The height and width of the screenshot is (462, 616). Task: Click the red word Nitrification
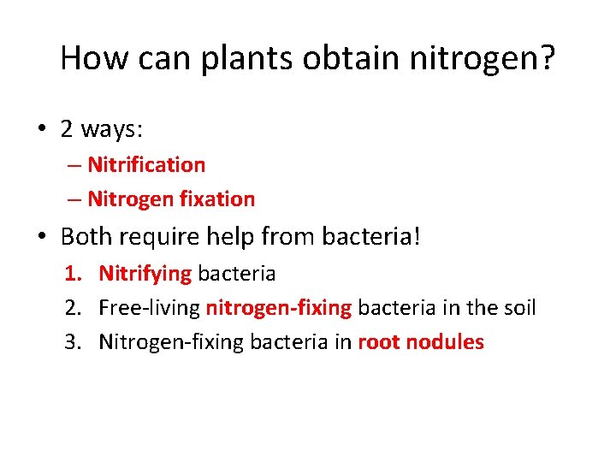[x=146, y=164]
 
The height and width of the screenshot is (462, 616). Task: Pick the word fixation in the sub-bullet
[x=217, y=199]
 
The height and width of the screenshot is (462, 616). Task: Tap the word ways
[x=111, y=129]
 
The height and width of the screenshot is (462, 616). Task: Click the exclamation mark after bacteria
[x=417, y=235]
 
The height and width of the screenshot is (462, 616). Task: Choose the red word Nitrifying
[x=145, y=274]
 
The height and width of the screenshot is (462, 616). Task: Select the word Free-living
[x=150, y=308]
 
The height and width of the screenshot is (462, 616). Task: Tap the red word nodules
[x=445, y=342]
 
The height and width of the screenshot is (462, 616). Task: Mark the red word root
[x=378, y=342]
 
